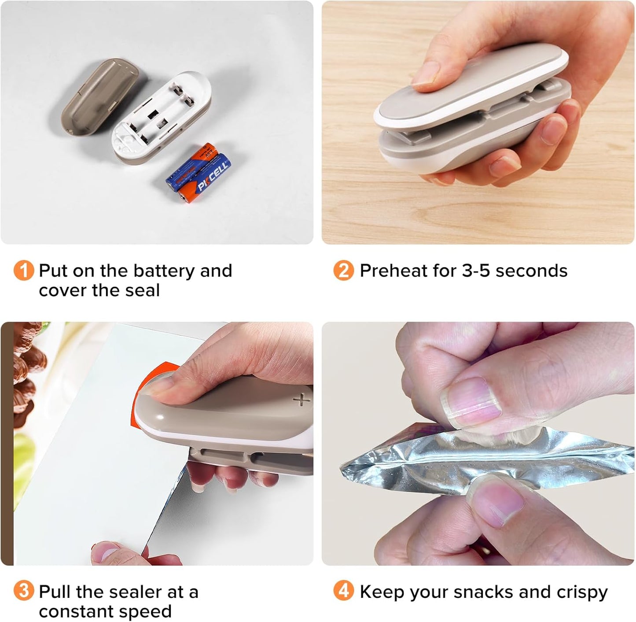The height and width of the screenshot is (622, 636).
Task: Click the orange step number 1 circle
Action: [23, 270]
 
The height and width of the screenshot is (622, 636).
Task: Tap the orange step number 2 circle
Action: [344, 270]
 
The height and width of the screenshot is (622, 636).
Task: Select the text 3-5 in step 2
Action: [476, 270]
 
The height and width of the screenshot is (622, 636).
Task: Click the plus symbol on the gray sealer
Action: [301, 400]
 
